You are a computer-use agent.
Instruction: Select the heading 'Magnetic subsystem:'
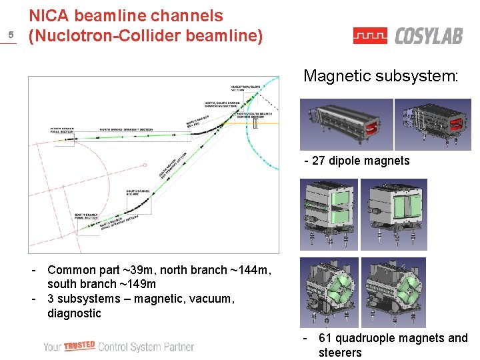381,76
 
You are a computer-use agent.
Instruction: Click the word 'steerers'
340,353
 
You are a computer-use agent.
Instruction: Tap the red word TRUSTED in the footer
79,345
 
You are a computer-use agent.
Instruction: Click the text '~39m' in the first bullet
138,270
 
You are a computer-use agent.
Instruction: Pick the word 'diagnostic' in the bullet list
74,313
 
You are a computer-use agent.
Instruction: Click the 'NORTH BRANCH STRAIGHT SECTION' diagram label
126,129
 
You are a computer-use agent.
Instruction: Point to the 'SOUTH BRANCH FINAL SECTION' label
86,215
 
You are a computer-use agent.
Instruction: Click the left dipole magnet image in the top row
346,124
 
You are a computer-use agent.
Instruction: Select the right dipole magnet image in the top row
432,124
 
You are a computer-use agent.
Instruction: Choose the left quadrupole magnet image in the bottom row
329,291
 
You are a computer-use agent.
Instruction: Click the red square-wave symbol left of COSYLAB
370,35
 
